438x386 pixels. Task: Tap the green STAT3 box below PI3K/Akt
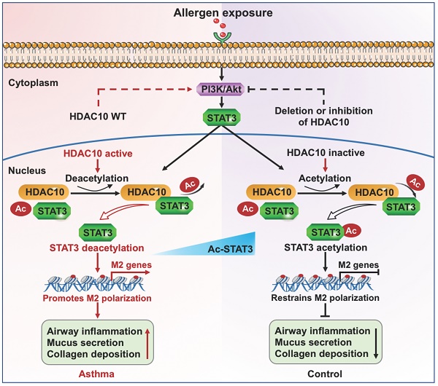(219, 117)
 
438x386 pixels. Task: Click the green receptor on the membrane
(219, 35)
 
